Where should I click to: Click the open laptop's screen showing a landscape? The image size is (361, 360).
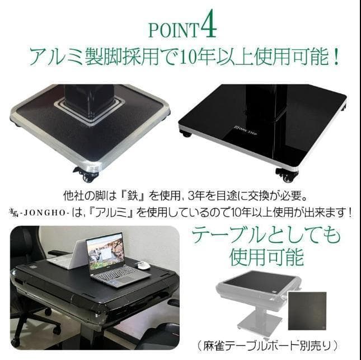click(106, 252)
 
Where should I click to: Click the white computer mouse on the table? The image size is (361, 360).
click(144, 265)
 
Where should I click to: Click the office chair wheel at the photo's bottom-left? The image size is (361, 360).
click(16, 341)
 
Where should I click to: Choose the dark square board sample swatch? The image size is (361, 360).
click(307, 311)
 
